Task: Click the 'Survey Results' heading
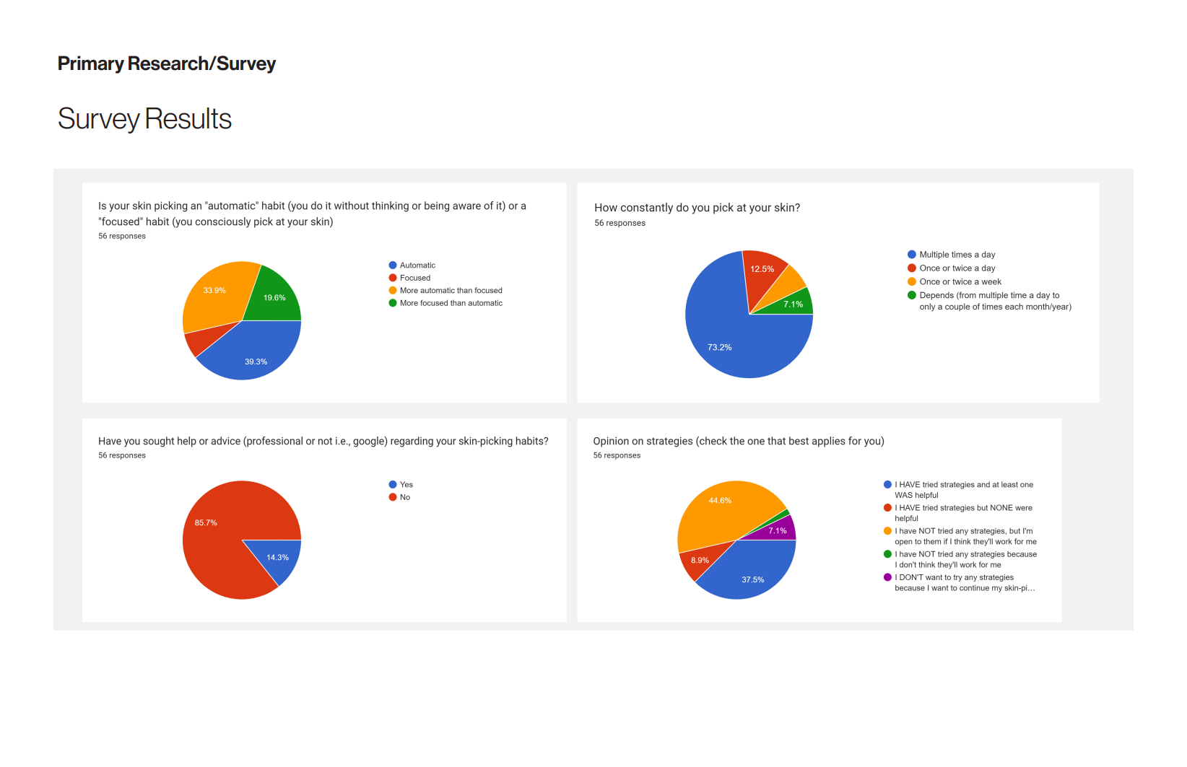(x=144, y=119)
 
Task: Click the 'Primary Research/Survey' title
(x=167, y=64)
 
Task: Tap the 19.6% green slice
(x=273, y=297)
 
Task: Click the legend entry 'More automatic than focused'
(x=451, y=291)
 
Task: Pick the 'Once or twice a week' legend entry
(x=960, y=282)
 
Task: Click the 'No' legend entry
(x=404, y=497)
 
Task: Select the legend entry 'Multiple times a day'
(x=957, y=255)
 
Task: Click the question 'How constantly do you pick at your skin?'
(x=697, y=208)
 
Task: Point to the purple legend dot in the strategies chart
(x=887, y=577)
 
